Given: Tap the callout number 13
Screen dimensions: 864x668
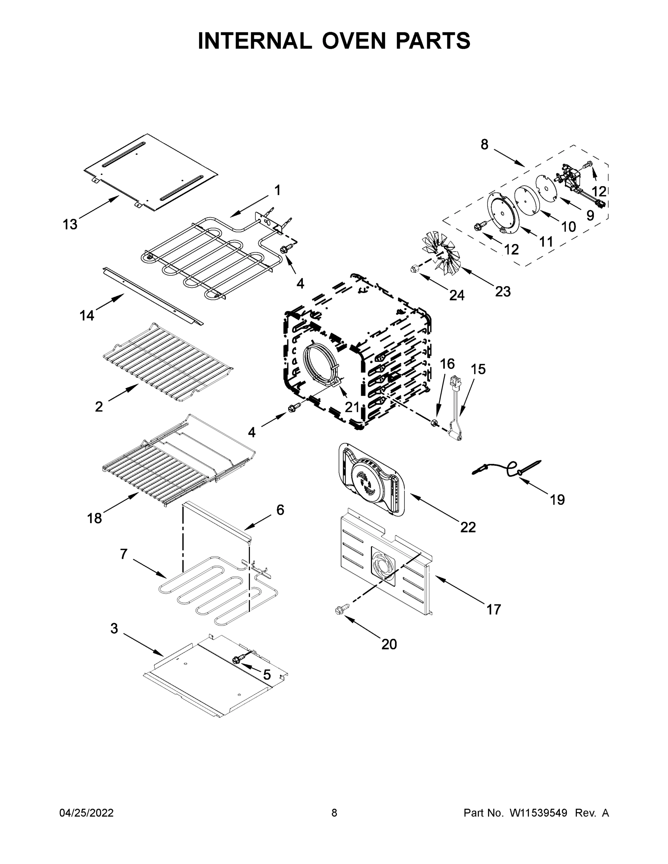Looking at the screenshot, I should [x=70, y=225].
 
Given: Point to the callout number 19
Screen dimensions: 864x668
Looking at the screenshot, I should [x=557, y=500].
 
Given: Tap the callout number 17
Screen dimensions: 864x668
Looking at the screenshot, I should [x=493, y=609].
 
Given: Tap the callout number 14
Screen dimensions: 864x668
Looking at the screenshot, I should [x=87, y=315].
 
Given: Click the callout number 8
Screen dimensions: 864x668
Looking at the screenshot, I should [x=484, y=145].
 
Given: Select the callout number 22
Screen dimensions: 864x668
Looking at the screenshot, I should [x=468, y=527].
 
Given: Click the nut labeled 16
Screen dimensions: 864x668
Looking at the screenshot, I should [x=434, y=423].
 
